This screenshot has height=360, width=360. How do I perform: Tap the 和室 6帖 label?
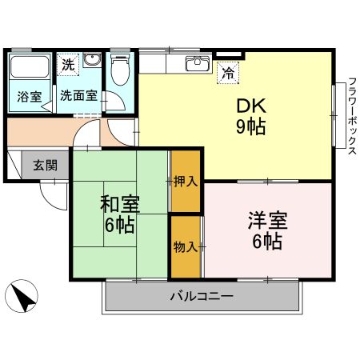pyautogui.click(x=119, y=212)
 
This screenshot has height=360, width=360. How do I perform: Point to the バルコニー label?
pyautogui.click(x=201, y=297)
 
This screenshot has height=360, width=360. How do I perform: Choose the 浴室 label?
pyautogui.click(x=29, y=95)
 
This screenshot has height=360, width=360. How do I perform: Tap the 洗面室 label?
pyautogui.click(x=79, y=95)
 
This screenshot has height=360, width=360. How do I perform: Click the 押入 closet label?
pyautogui.click(x=186, y=182)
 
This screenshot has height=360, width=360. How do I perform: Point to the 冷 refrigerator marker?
pyautogui.click(x=229, y=71)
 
